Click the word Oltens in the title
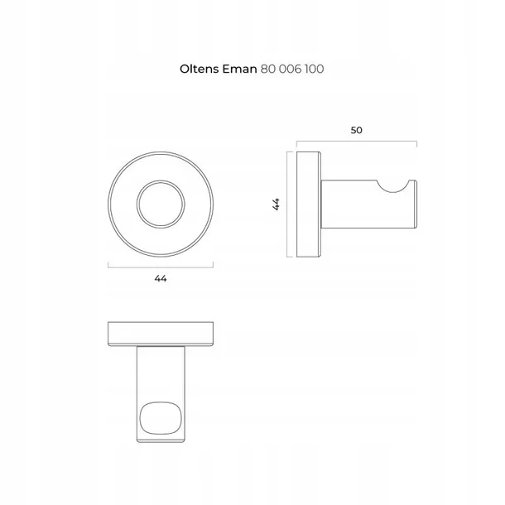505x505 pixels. (x=199, y=69)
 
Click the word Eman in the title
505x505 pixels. (x=239, y=69)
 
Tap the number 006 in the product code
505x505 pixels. (x=291, y=69)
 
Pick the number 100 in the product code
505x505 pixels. (x=315, y=69)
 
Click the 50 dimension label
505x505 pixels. (x=357, y=130)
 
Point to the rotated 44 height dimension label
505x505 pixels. (x=276, y=204)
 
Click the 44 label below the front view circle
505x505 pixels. (x=161, y=278)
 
